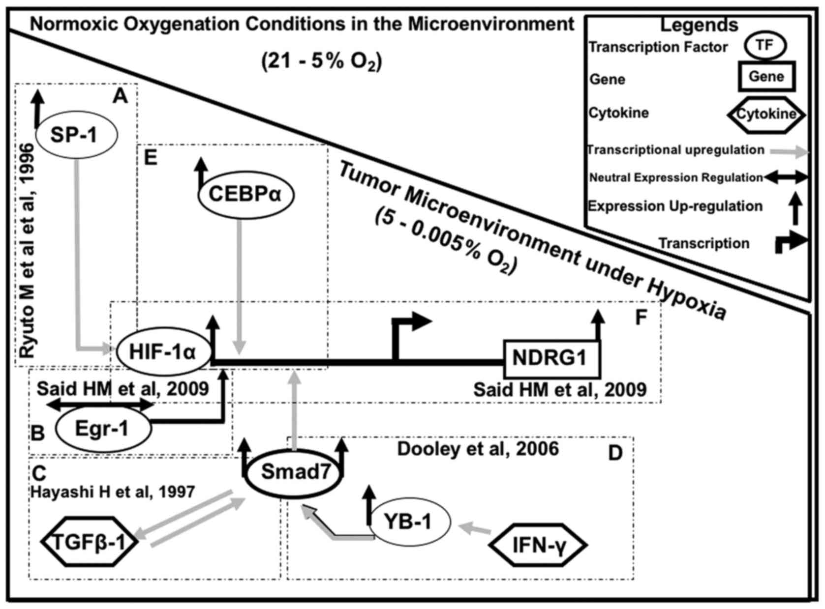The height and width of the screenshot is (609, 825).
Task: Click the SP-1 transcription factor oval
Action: pyautogui.click(x=76, y=134)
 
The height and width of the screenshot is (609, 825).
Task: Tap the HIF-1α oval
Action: pyautogui.click(x=163, y=352)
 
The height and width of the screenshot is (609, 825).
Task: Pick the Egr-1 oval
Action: pyautogui.click(x=102, y=429)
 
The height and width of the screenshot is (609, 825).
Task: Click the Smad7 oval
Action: pyautogui.click(x=294, y=472)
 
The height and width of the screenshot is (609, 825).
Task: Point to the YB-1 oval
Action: pyautogui.click(x=409, y=522)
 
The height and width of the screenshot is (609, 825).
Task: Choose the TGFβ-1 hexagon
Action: pyautogui.click(x=89, y=542)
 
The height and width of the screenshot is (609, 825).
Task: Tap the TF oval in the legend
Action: pyautogui.click(x=764, y=46)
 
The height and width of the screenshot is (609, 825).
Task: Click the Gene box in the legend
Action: pyautogui.click(x=766, y=77)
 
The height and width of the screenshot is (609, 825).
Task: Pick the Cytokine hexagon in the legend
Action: pyautogui.click(x=766, y=114)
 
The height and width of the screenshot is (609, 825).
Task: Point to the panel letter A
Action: pyautogui.click(x=120, y=97)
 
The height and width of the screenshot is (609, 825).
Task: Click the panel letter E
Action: pyautogui.click(x=150, y=158)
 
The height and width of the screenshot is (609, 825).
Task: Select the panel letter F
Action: pyautogui.click(x=641, y=318)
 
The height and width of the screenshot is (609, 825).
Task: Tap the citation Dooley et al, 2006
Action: pyautogui.click(x=478, y=449)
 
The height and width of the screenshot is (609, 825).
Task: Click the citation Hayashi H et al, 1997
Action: pyautogui.click(x=113, y=492)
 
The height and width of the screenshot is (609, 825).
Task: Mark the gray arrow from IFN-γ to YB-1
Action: pyautogui.click(x=474, y=529)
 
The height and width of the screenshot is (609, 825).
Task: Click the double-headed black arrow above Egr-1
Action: pyautogui.click(x=101, y=405)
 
